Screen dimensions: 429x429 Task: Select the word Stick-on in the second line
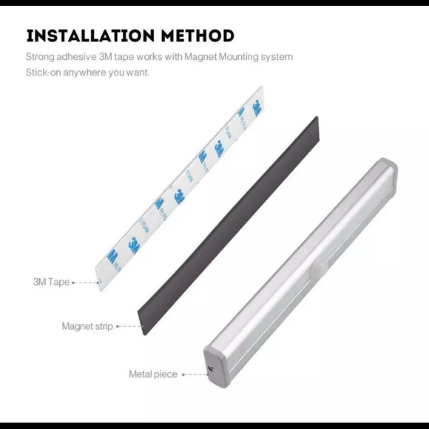click(44, 72)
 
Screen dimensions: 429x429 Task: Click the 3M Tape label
click(51, 282)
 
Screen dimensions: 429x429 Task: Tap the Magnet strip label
click(87, 325)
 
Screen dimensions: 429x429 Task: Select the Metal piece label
click(153, 374)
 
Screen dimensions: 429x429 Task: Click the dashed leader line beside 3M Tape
click(87, 282)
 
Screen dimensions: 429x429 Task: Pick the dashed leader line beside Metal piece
click(195, 374)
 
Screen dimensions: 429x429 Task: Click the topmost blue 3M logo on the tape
click(257, 107)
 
